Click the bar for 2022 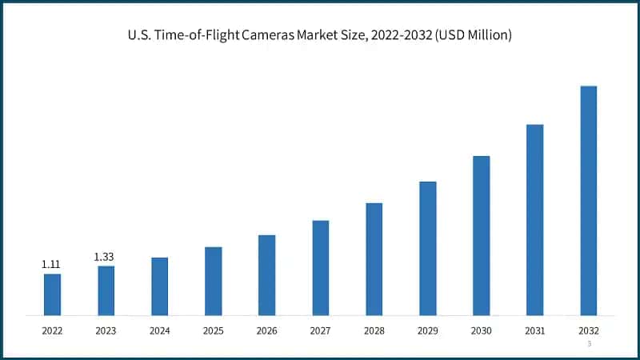tap(52, 294)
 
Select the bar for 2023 tap(106, 290)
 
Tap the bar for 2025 tap(213, 281)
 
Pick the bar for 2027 tap(320, 267)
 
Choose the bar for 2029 tap(427, 248)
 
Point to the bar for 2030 tap(481, 235)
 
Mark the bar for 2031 tap(534, 219)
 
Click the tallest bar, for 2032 tap(588, 200)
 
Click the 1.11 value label tap(51, 264)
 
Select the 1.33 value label tap(105, 256)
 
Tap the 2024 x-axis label tap(159, 330)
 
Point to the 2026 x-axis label tap(266, 330)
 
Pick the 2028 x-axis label tap(374, 330)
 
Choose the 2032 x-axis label tap(588, 330)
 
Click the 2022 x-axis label tap(52, 330)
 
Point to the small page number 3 tap(589, 344)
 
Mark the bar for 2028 tap(374, 258)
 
